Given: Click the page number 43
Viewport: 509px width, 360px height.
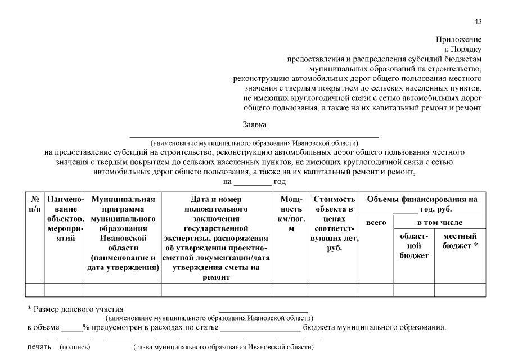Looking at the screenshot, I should pos(478,21).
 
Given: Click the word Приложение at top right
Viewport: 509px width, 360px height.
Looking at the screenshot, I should pos(459,39).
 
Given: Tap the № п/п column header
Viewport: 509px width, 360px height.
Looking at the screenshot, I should pos(35,204).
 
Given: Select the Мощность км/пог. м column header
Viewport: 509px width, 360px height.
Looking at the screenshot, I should pos(291,214).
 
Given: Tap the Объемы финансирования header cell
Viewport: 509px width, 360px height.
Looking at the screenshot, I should pos(422,204).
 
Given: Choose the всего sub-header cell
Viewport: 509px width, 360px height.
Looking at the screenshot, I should pos(376,223).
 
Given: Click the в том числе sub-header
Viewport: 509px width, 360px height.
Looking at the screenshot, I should pos(439,223).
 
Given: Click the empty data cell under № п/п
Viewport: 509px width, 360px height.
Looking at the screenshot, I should pos(35,290).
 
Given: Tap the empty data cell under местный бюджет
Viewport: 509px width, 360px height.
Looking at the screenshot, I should pos(460,290).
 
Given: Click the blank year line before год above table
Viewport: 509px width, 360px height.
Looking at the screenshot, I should pos(253,182).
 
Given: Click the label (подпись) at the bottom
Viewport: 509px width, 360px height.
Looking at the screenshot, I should pos(75,348).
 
